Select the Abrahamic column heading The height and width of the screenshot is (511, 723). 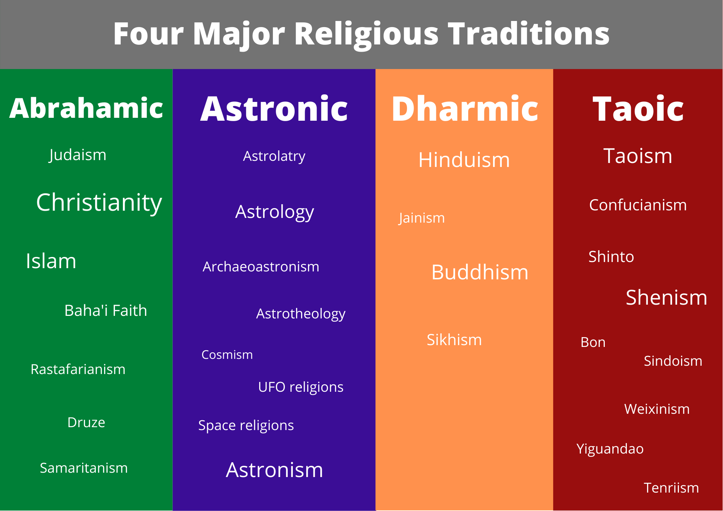pos(86,108)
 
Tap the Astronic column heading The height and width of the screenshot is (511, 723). pos(274,109)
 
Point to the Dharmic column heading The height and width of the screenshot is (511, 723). pos(465,109)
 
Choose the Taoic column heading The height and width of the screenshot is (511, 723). pos(638,109)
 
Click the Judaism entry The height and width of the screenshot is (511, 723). pos(78,155)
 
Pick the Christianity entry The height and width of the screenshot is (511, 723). pos(99,203)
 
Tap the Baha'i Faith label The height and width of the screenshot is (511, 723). pos(106,310)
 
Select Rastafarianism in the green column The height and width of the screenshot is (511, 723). pos(78,369)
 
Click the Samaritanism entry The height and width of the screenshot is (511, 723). pos(84,468)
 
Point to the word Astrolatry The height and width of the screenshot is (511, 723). pos(274,156)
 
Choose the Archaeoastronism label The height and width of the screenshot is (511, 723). pos(261,267)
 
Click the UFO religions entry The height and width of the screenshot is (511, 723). pos(301,387)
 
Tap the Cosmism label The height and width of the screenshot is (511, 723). pos(227,355)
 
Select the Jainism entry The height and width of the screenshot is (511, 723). pos(422,218)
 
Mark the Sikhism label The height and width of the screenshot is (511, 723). pos(454,340)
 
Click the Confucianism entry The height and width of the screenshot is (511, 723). pos(638,205)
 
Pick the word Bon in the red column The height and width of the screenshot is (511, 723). pos(593,342)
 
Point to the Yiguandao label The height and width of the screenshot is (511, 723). pos(610,449)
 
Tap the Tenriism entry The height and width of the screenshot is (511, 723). pos(671,488)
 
